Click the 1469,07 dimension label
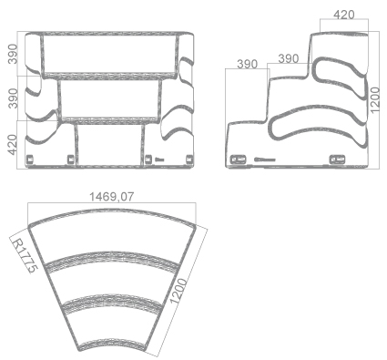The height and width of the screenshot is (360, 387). (111, 197)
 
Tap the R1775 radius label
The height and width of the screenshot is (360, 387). (25, 255)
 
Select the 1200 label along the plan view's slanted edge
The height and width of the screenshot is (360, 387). (178, 291)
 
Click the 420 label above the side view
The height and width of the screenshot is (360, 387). (343, 15)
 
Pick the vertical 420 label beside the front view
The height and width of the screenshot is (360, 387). (12, 145)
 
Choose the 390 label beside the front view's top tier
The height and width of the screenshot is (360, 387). (12, 54)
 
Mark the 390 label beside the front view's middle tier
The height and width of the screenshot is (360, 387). (12, 98)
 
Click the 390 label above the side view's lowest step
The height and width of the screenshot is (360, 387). (247, 64)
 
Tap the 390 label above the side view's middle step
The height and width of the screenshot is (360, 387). (289, 58)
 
